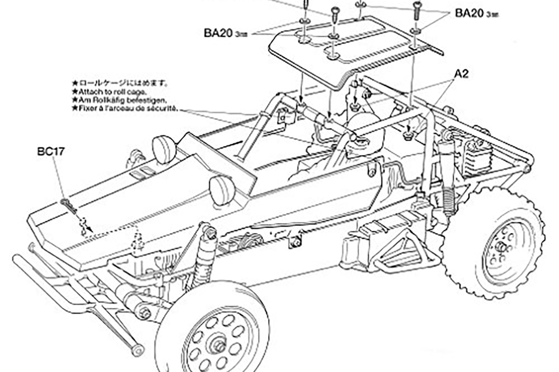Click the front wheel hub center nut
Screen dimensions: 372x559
[218, 345]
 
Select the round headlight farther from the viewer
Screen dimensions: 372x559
[164, 149]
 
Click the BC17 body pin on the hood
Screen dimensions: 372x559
[68, 205]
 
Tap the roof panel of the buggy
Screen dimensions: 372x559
[354, 51]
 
